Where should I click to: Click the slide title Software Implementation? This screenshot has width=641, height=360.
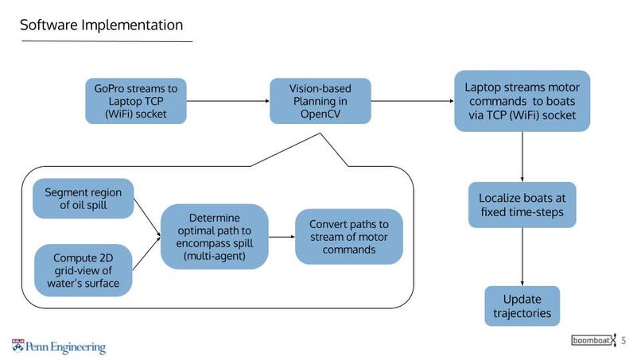(x=101, y=25)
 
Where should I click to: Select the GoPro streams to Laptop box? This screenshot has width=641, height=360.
(x=136, y=101)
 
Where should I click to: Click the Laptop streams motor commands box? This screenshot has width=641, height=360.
(x=521, y=101)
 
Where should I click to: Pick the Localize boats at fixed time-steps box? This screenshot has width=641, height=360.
(x=522, y=205)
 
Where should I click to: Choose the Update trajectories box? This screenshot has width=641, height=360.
(x=522, y=306)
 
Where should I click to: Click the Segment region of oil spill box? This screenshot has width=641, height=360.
(x=83, y=199)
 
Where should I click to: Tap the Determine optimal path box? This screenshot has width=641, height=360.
(x=214, y=237)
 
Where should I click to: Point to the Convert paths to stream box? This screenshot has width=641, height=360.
(x=349, y=237)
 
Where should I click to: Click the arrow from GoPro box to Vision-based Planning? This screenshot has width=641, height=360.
(x=228, y=101)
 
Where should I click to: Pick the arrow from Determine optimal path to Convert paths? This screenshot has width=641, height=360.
(x=282, y=237)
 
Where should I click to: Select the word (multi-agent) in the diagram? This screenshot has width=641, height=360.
(x=214, y=256)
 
